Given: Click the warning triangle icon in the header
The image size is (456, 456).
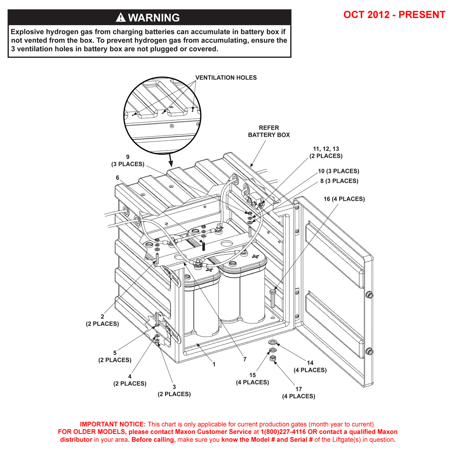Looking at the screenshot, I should coord(121,17).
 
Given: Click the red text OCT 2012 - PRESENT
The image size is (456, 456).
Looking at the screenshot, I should coord(394,15).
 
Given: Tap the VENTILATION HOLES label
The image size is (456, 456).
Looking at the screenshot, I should coord(226,78).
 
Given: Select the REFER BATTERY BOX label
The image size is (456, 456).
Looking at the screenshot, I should coord(269,131).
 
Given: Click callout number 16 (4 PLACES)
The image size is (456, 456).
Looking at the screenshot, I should coord(344,199).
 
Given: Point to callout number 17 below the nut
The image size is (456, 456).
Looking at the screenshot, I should coord(299,389).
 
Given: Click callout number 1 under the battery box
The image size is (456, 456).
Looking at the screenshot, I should coord(214,364).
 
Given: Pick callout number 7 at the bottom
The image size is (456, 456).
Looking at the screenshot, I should coord(245,359).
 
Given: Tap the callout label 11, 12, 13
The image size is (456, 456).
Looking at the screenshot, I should coord(326,149).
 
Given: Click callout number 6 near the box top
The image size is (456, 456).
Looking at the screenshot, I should coord(118,178).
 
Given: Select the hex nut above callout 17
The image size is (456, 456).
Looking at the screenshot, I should coord(272,358).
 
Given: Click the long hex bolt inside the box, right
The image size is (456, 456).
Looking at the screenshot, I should coord(273,299).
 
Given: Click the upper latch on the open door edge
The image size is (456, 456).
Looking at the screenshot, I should coord(369,295).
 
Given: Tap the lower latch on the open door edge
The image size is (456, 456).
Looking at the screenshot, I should coord(369,351).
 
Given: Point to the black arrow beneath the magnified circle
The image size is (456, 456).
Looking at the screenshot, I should coord(171,160).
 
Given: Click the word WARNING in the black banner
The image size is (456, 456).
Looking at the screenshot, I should coord(154,18).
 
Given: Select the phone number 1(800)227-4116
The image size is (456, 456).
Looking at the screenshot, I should coord(283,432).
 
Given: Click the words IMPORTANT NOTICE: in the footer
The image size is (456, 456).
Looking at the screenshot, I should coord(113,424).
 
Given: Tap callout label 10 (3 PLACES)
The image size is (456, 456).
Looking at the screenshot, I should coord(338,171).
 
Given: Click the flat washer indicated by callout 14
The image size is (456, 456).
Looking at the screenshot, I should coord(272,342).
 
